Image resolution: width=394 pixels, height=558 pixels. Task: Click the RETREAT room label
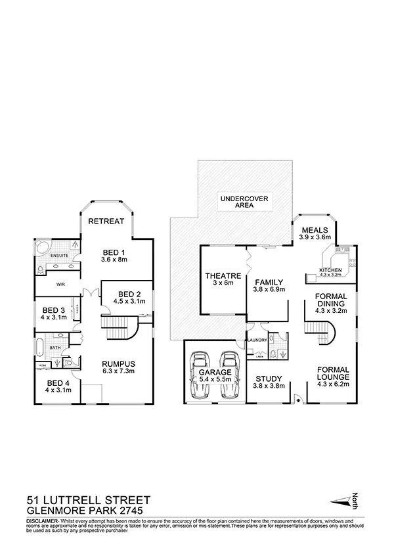click(x=106, y=221)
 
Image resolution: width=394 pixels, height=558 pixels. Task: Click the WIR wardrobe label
click(x=60, y=285)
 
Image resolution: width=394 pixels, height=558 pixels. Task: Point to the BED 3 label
click(x=54, y=311)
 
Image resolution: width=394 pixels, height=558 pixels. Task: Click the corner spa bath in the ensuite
click(x=41, y=248)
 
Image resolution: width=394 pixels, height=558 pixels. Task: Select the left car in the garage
click(x=200, y=375)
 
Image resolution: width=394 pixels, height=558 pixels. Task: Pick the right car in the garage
click(x=229, y=375)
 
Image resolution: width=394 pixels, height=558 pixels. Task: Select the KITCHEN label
click(x=329, y=270)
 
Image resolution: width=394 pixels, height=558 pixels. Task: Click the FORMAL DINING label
click(x=330, y=301)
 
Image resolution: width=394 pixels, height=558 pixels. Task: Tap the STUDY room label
click(x=269, y=379)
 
